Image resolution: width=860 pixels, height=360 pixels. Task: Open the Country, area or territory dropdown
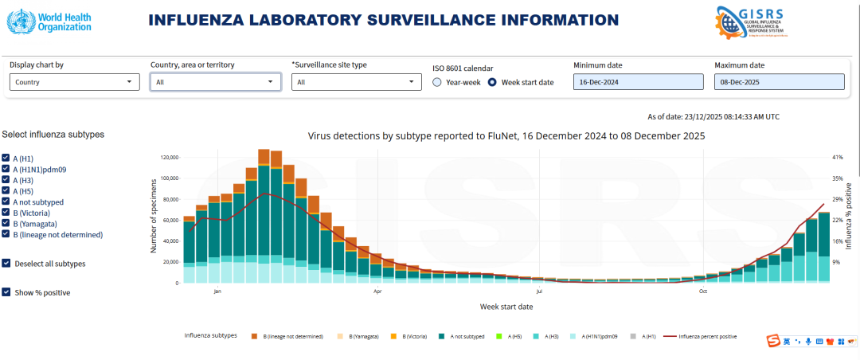click(x=215, y=81)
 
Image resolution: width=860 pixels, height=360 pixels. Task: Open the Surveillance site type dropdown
click(x=356, y=81)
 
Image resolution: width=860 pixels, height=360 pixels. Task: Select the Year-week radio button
click(x=437, y=82)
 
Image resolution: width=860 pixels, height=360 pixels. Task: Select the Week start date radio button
click(x=492, y=82)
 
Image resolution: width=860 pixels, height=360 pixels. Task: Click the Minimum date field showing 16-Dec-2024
click(x=638, y=82)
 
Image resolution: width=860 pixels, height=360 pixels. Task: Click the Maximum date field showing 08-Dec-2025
click(x=779, y=82)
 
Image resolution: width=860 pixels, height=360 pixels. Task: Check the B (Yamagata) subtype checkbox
click(x=6, y=224)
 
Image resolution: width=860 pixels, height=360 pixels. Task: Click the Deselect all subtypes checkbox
click(x=6, y=263)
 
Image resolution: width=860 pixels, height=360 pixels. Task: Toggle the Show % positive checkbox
click(x=6, y=292)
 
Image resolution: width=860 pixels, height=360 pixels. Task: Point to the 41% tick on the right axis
click(x=837, y=157)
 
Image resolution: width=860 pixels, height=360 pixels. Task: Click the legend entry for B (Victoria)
click(x=413, y=337)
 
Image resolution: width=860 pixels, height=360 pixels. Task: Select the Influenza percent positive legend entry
click(x=705, y=337)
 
